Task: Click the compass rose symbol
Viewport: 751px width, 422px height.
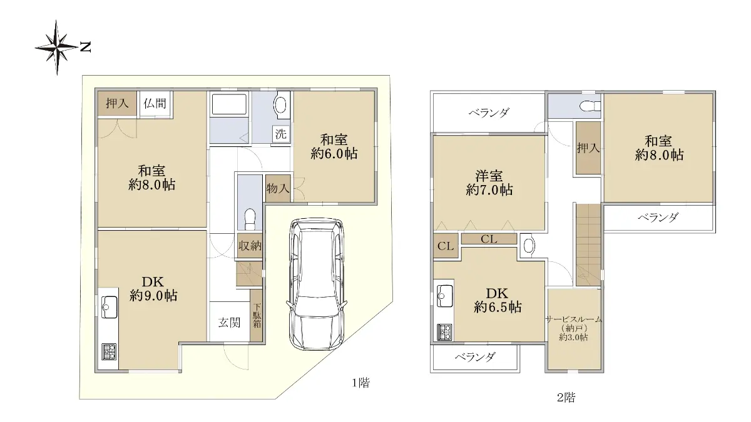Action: [57, 48]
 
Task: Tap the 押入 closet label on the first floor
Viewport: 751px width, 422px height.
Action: [117, 103]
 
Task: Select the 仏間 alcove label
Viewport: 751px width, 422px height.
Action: [155, 103]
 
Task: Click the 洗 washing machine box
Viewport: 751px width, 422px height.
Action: [281, 134]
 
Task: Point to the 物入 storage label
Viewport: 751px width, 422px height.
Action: [278, 189]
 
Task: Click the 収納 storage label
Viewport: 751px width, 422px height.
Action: [250, 246]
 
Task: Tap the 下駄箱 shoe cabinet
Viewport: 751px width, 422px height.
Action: [257, 315]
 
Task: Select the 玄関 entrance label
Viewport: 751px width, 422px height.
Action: [229, 323]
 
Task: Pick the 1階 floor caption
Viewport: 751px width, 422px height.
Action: [360, 383]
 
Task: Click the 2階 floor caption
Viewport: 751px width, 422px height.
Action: [566, 398]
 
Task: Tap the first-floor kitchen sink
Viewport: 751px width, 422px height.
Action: [110, 307]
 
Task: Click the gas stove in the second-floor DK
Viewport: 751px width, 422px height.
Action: [444, 332]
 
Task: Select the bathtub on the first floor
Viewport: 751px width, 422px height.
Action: [230, 104]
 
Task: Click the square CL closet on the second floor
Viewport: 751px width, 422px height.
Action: [446, 246]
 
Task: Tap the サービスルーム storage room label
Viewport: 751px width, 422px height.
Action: [574, 319]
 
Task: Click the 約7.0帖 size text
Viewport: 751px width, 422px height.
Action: [489, 190]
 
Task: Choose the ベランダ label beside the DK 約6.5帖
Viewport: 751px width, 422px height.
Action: [475, 358]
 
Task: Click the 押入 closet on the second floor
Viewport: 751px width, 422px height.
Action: [588, 148]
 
